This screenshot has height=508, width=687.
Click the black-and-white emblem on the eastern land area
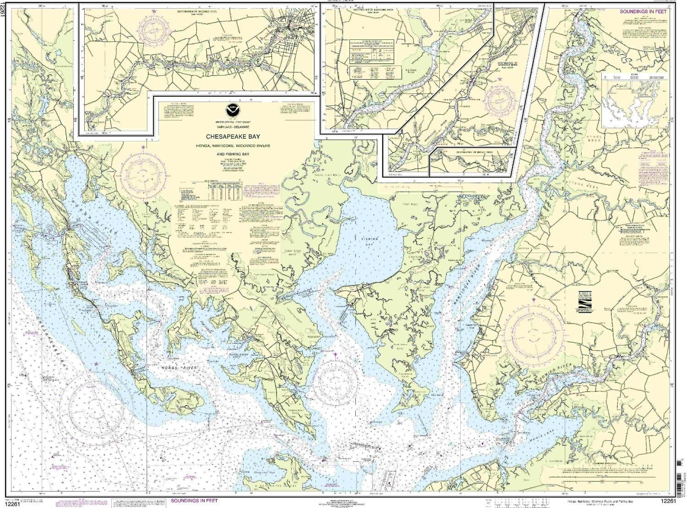pos(583,302)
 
